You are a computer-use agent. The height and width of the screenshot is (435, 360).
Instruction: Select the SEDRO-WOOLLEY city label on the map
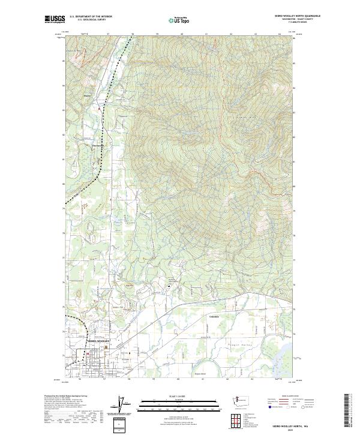tap(100, 341)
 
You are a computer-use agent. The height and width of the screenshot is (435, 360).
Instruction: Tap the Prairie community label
tap(87, 95)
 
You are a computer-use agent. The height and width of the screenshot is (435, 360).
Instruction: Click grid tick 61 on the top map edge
tap(205, 34)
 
